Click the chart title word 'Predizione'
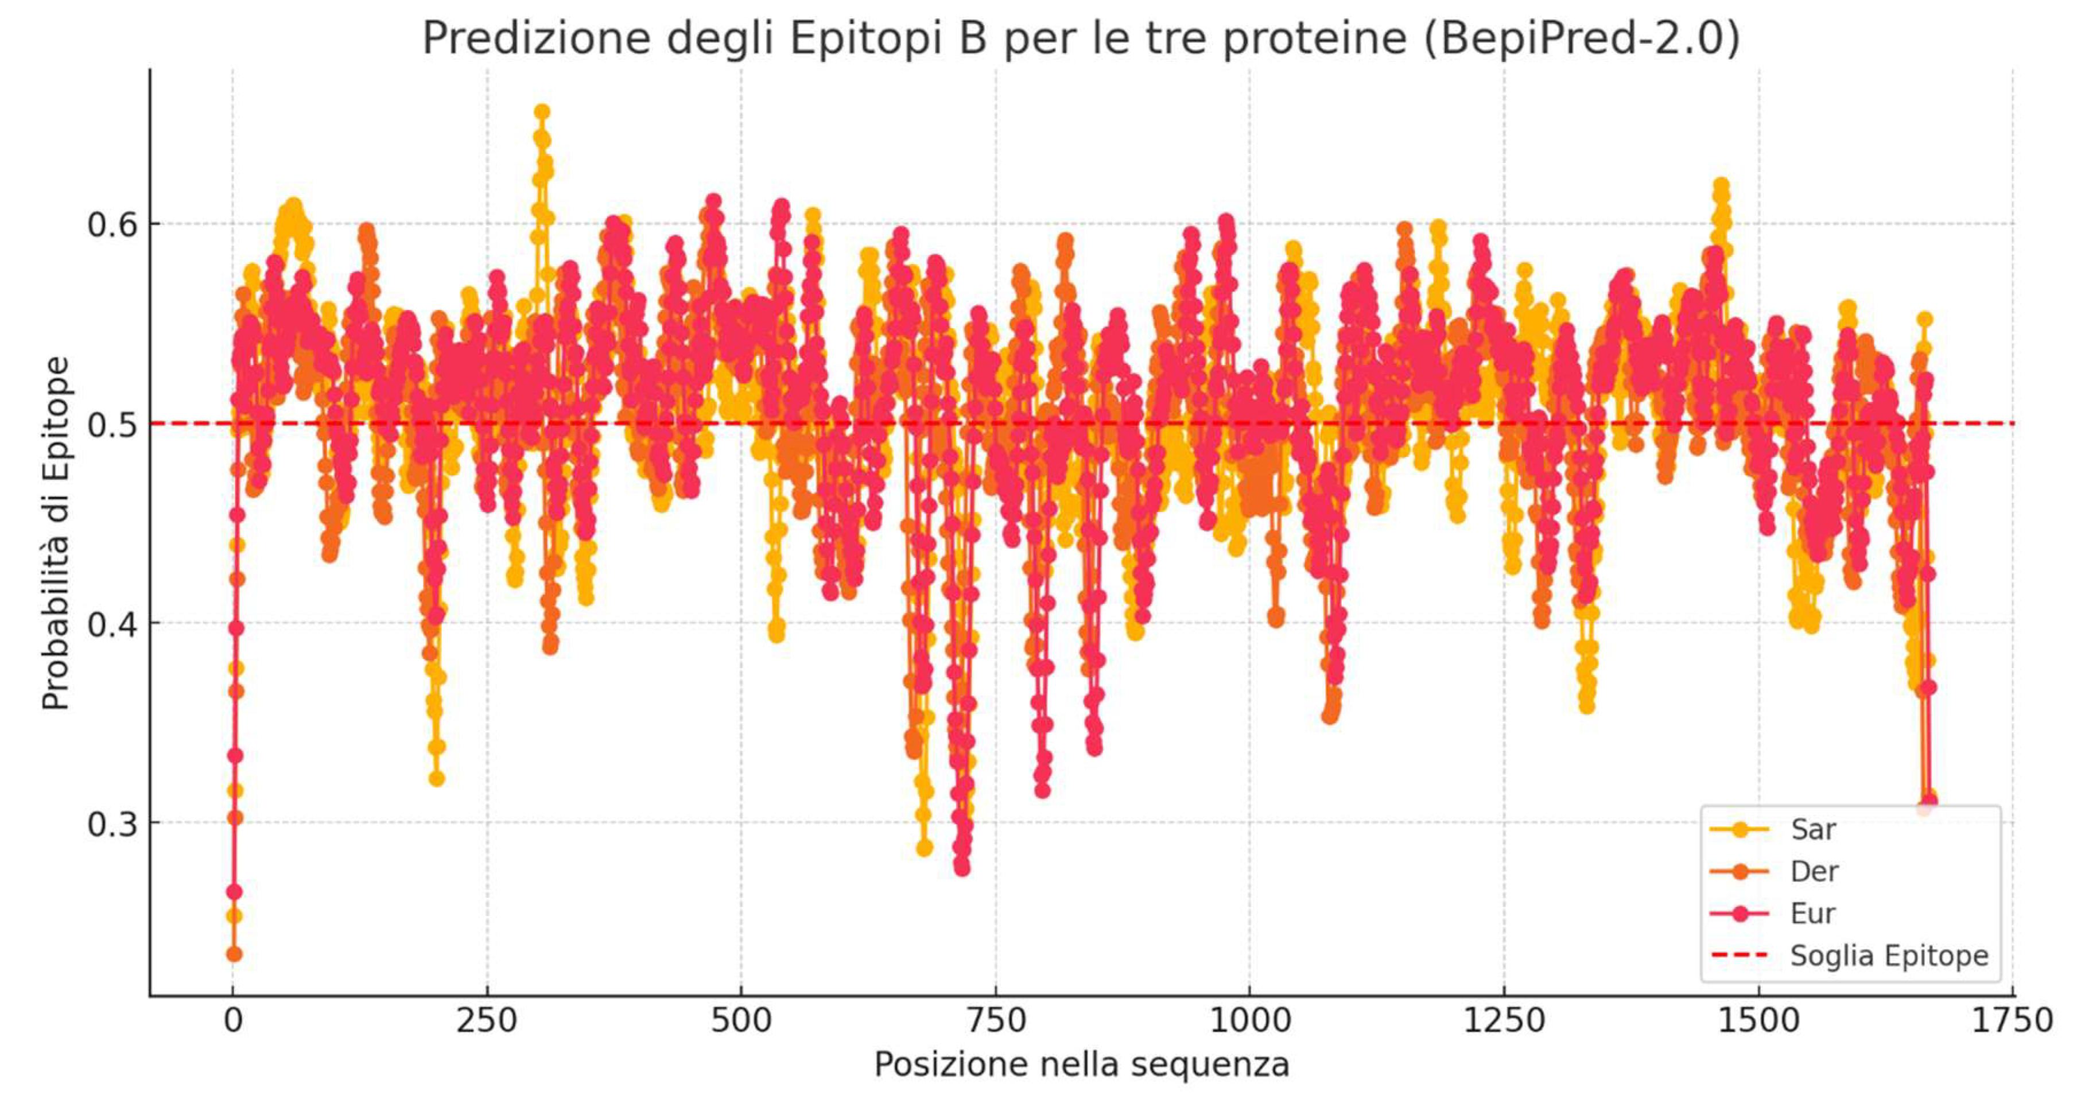536,39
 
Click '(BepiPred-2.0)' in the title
1581,39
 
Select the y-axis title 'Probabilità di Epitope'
57,534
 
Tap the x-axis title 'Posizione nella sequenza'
1081,1064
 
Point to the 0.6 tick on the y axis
112,224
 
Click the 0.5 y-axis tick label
112,424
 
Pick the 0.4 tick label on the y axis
112,624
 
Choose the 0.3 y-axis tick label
112,824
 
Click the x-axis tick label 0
233,1020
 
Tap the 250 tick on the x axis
487,1020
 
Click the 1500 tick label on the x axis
1758,1020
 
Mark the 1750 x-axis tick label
2012,1020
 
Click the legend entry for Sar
1813,829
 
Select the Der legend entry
1814,872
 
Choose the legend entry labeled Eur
1812,914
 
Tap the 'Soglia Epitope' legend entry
1888,956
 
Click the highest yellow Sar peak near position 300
542,112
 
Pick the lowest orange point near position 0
234,954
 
